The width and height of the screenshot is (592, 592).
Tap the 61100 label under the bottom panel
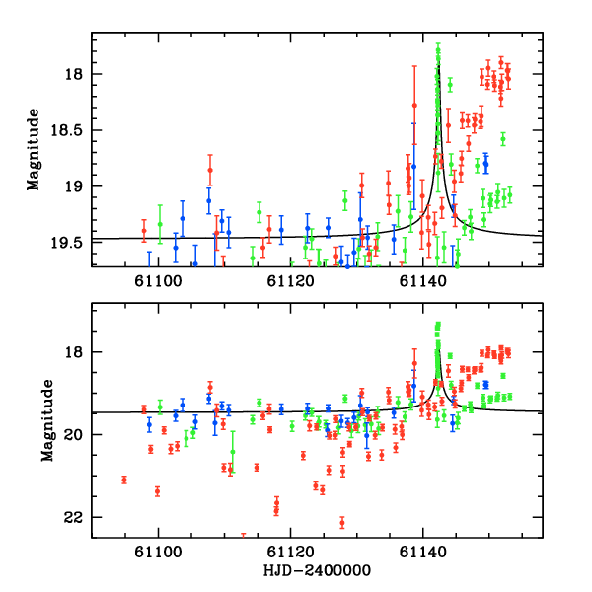(x=158, y=554)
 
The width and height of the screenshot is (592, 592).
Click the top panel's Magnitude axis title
(x=35, y=148)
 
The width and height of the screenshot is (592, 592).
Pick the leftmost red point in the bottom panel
(x=124, y=480)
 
